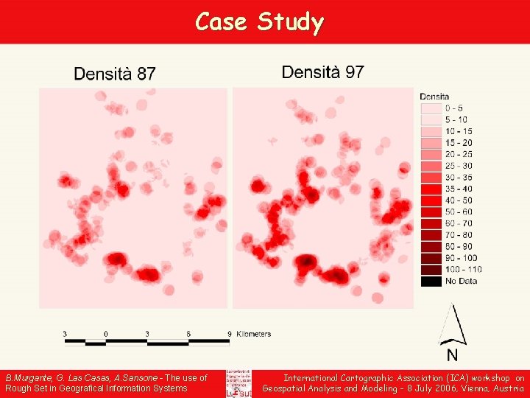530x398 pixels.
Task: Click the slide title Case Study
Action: pyautogui.click(x=259, y=22)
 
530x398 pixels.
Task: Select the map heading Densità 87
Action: pyautogui.click(x=115, y=74)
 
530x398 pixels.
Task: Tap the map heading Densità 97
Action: pyautogui.click(x=322, y=72)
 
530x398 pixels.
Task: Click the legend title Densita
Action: pyautogui.click(x=434, y=97)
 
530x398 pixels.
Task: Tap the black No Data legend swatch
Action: pyautogui.click(x=430, y=281)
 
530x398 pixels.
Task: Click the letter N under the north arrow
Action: pyautogui.click(x=452, y=355)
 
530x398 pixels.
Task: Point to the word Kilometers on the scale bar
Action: pyautogui.click(x=253, y=334)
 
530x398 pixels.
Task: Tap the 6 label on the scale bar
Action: pyautogui.click(x=188, y=334)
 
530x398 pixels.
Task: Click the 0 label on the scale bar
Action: pyautogui.click(x=106, y=334)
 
